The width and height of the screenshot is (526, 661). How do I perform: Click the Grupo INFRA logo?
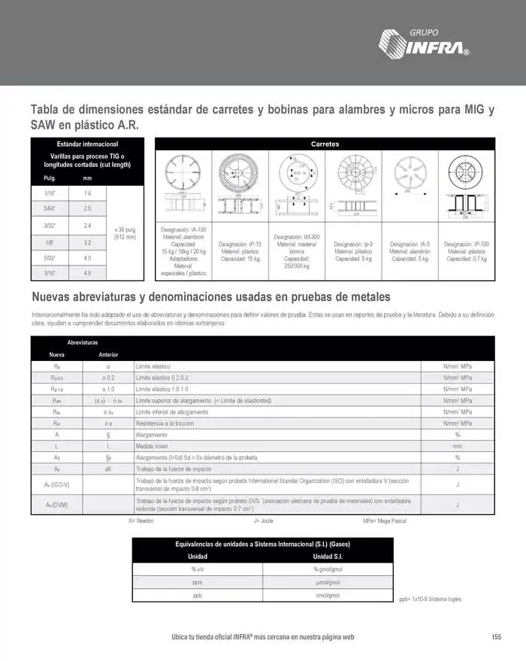(425, 43)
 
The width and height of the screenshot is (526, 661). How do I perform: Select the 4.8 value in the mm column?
(87, 273)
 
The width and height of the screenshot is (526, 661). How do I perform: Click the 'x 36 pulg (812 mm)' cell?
(125, 233)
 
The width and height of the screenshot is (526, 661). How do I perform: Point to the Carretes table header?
(325, 144)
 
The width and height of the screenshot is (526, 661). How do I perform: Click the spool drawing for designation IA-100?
(183, 184)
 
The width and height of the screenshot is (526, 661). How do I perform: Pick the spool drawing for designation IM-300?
(297, 184)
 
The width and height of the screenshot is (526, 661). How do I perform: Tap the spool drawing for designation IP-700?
(467, 184)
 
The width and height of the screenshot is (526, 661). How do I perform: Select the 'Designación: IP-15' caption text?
(240, 251)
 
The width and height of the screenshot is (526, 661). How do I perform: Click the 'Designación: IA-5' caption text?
(410, 251)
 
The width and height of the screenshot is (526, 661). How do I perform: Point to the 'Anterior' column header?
(108, 354)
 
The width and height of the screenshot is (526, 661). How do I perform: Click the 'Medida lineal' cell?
(151, 446)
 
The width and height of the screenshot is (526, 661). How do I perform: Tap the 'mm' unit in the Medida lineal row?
(457, 446)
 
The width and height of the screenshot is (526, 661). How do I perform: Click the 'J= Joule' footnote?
(263, 520)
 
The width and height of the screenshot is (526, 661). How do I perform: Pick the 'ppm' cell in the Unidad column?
(197, 582)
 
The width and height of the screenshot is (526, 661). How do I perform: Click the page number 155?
(496, 637)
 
